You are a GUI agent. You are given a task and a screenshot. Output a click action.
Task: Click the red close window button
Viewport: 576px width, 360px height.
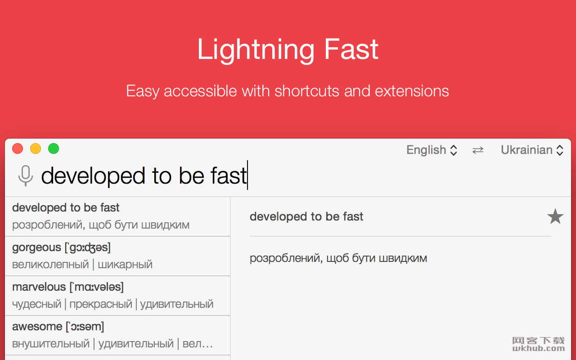(x=18, y=148)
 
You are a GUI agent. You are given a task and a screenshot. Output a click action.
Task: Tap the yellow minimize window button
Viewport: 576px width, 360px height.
(x=36, y=148)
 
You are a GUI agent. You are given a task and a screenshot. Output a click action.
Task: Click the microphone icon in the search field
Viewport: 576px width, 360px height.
(x=26, y=175)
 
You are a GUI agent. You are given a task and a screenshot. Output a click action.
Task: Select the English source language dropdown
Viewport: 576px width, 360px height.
(x=432, y=150)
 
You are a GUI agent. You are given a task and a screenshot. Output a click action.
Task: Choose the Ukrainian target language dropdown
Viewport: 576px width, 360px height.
(x=532, y=150)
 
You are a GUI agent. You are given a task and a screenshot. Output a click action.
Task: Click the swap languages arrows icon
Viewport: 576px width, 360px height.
(x=478, y=150)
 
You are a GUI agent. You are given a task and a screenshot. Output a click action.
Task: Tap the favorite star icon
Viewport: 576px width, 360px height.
(x=555, y=216)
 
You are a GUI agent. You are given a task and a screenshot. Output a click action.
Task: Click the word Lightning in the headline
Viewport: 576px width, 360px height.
(x=256, y=50)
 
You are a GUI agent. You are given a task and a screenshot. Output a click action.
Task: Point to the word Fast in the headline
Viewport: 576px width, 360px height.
(x=351, y=49)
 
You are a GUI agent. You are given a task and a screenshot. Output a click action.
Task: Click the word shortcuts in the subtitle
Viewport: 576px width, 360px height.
(x=307, y=91)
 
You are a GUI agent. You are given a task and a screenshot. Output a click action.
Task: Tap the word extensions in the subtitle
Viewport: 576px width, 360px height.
(x=412, y=91)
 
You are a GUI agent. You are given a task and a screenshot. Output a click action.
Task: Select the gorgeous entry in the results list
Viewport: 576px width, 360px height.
(x=117, y=256)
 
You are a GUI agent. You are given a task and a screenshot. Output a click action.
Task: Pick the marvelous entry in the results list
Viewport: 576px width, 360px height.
(x=117, y=296)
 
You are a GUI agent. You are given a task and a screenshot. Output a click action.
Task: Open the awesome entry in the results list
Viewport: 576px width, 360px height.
(x=117, y=335)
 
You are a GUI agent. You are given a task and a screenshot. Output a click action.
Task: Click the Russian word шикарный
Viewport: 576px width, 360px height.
(x=125, y=265)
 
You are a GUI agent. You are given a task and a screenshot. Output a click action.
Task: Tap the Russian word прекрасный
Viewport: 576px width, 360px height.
(x=101, y=304)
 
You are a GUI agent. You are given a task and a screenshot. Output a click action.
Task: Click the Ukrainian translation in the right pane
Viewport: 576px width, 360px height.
(x=338, y=258)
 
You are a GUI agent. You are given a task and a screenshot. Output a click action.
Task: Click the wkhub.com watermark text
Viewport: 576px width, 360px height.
(x=539, y=348)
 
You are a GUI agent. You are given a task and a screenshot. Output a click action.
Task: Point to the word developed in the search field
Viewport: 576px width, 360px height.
(x=93, y=176)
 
